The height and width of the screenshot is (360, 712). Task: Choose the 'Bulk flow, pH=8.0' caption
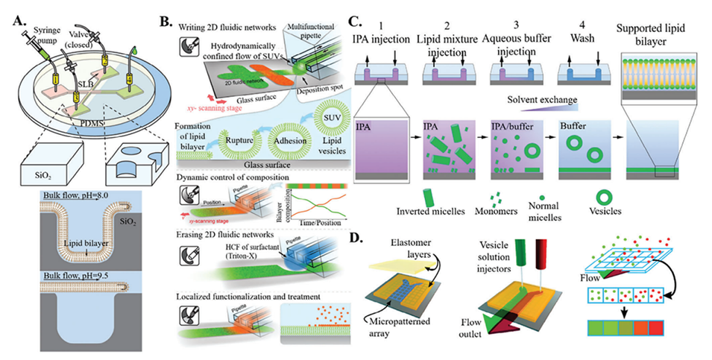(50, 196)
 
